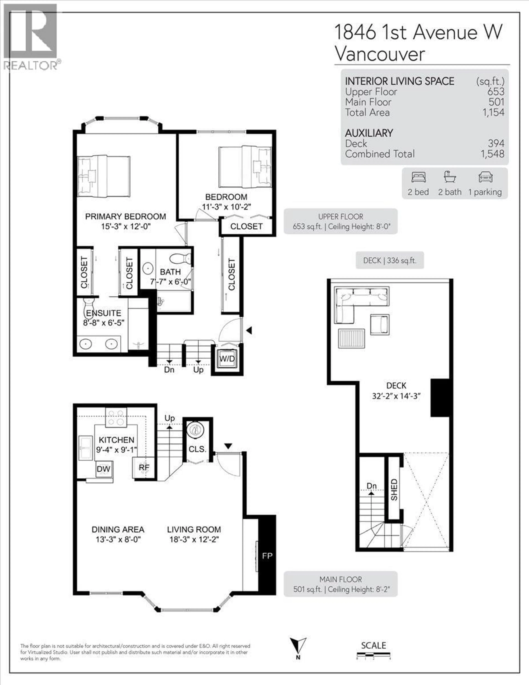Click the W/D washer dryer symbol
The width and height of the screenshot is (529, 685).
227,359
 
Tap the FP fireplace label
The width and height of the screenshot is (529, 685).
267,556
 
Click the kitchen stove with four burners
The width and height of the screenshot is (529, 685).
116,417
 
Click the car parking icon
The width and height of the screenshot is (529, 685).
485,177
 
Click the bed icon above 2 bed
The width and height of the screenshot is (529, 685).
418,177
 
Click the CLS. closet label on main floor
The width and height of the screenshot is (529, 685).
197,449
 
